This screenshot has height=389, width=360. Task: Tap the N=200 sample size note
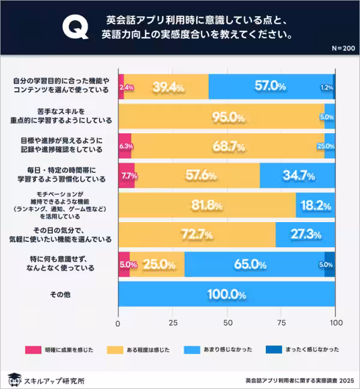[x=342, y=48]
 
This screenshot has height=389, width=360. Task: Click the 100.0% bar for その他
[x=226, y=295]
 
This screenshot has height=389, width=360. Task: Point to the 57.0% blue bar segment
[x=270, y=86]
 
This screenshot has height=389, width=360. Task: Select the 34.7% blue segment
[x=297, y=176]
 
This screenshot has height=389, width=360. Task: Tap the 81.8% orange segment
[x=207, y=205]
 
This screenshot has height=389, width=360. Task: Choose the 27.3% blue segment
[x=305, y=235]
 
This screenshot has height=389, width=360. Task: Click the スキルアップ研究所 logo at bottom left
[x=46, y=380]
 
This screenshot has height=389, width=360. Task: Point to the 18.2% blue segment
[x=316, y=205]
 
